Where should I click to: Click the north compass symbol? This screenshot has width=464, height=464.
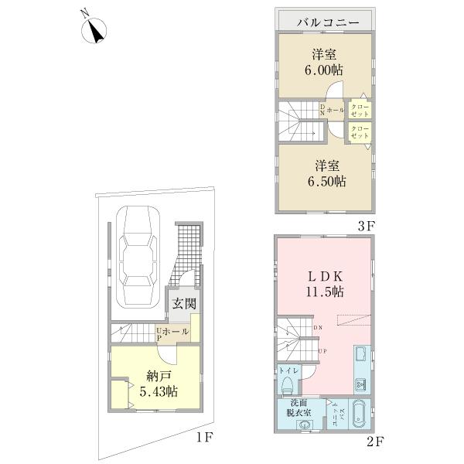point(94,31)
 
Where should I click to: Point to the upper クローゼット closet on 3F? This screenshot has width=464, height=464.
point(360,108)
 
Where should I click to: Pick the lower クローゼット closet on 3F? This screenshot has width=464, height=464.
point(360,131)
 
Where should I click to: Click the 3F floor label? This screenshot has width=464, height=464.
point(366,226)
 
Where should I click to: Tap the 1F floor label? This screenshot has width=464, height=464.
point(203,438)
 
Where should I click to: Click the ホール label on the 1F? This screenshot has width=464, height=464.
point(176,331)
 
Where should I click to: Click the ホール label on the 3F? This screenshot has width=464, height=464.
point(335,111)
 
